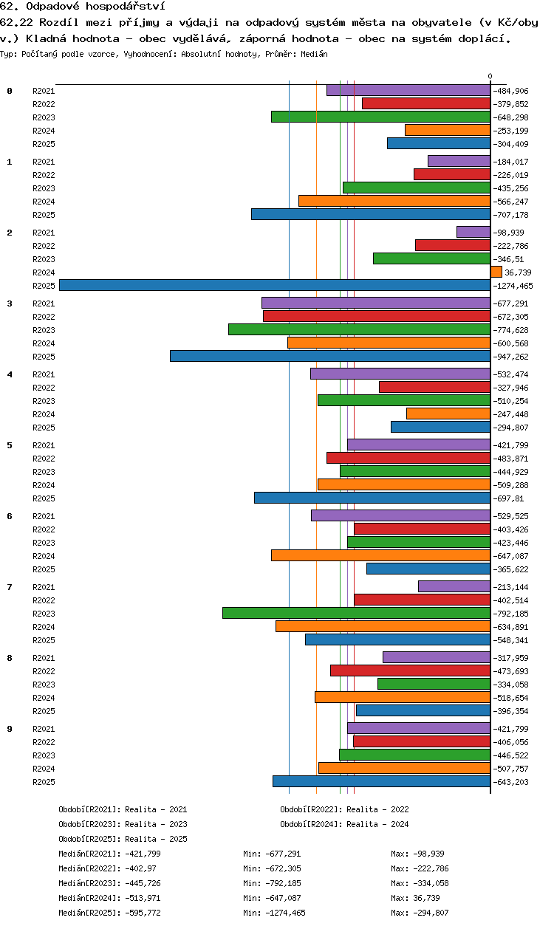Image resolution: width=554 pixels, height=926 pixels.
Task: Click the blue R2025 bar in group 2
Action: (275, 285)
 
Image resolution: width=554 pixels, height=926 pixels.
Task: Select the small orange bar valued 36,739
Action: (496, 272)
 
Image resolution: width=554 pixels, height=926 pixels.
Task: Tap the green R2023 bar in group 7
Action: (356, 613)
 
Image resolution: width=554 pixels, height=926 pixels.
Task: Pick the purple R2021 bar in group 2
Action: (473, 232)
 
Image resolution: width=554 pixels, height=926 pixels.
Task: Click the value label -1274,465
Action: (513, 286)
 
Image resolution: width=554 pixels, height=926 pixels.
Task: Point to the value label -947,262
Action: (510, 357)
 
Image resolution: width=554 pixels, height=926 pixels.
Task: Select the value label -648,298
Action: (510, 117)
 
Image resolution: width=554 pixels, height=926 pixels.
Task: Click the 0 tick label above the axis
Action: (490, 76)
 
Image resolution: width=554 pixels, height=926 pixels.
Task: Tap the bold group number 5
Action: (10, 445)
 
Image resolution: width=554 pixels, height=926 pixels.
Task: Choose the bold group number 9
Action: (10, 729)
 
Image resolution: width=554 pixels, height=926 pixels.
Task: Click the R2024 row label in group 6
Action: (44, 556)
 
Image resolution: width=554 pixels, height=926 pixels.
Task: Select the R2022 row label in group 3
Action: (44, 317)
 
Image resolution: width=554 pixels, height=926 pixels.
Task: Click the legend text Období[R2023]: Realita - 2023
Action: (123, 824)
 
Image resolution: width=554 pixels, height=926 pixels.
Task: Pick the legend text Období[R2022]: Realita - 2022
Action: (344, 809)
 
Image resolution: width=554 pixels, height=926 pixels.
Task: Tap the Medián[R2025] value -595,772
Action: (143, 913)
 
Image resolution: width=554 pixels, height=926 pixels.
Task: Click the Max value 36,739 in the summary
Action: (426, 898)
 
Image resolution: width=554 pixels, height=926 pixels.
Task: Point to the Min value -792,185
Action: (283, 883)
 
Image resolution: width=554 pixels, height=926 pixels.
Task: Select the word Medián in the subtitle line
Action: (314, 54)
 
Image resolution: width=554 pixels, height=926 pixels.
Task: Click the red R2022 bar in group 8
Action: (411, 671)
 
